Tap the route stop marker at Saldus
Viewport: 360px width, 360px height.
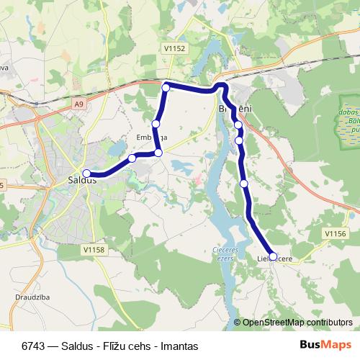[x=86, y=173]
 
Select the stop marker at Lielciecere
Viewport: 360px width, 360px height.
[x=273, y=256]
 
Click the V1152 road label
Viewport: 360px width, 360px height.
[x=174, y=48]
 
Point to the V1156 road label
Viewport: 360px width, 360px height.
[x=336, y=234]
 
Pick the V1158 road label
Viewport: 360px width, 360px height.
[x=94, y=250]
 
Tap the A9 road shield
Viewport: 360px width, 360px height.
[x=78, y=105]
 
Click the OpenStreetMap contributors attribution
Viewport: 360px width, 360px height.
[x=297, y=322]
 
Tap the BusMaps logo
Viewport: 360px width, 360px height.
[x=325, y=346]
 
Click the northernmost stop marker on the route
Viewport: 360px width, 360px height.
[x=166, y=88]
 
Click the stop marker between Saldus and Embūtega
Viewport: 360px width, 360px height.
[x=132, y=158]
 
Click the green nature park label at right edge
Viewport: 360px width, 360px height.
[x=348, y=122]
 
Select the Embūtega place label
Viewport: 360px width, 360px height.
[x=151, y=137]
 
